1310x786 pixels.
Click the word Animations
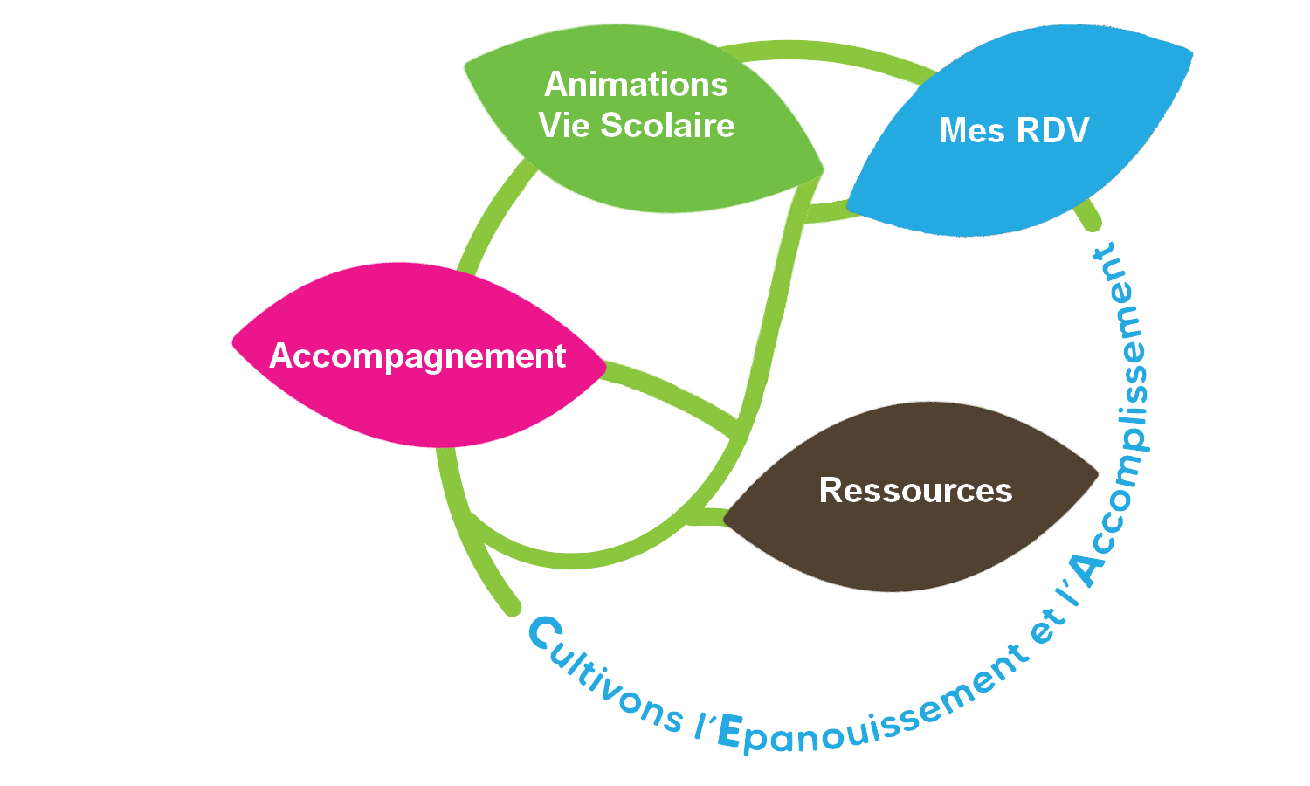click(x=636, y=85)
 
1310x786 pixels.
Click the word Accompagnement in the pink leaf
click(x=417, y=356)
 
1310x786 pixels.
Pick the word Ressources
click(x=915, y=491)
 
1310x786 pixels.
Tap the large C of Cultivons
click(x=544, y=633)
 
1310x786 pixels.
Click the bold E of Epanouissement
click(x=730, y=732)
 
